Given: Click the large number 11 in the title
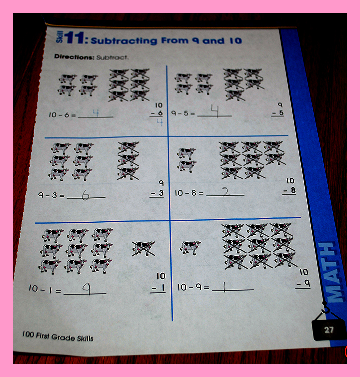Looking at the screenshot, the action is (x=74, y=38).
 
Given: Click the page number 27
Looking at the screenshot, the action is (x=329, y=330).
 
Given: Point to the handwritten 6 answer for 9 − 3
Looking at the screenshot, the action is (x=85, y=195).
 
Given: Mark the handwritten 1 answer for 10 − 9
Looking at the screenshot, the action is (x=224, y=287).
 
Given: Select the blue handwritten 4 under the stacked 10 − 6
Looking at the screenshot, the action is (x=160, y=122).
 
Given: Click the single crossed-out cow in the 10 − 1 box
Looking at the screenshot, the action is (x=143, y=249).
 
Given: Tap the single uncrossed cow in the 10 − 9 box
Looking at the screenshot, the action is (x=190, y=247).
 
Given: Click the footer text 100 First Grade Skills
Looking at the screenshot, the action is (x=58, y=336).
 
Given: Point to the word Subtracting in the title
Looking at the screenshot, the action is (x=124, y=41).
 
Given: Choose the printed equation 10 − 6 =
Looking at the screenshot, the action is (x=62, y=115).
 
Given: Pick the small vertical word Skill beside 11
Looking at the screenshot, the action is (x=60, y=37).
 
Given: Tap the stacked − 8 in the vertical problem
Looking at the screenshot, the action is (x=289, y=190).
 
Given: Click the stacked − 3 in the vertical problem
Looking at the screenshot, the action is (x=157, y=193).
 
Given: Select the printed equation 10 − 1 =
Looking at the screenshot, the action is (x=45, y=289).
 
